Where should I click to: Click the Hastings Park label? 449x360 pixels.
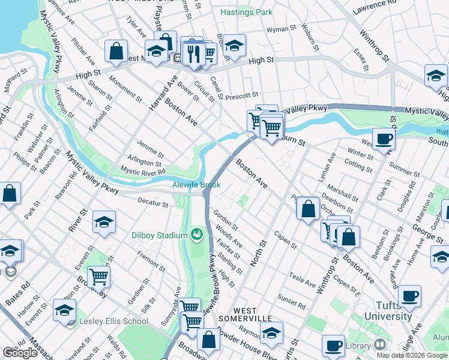coord(246,12)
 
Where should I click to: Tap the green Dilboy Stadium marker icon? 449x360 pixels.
coord(196,233)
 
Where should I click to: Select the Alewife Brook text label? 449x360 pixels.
coord(197,185)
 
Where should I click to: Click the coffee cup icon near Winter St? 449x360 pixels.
coord(384,139)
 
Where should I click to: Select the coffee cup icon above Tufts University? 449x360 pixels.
coord(409,295)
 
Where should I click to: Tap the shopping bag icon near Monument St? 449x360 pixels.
coord(116,50)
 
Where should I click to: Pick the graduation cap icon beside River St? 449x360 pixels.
coord(104,223)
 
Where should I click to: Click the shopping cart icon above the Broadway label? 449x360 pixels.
coord(98,277)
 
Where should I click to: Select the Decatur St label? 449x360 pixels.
coord(153,203)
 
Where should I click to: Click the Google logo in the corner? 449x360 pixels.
coord(20,353)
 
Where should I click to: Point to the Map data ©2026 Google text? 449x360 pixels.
coord(412,355)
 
